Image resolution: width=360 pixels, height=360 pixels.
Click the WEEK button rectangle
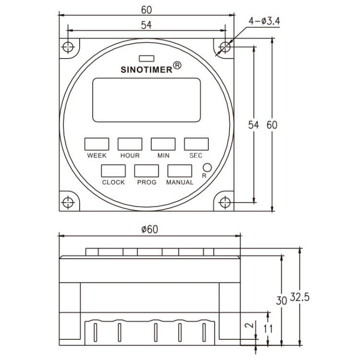coord(96,144)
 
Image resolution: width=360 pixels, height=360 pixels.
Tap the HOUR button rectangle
coord(130,144)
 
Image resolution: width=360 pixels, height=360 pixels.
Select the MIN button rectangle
coord(163,144)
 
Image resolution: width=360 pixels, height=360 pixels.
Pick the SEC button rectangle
coord(196,144)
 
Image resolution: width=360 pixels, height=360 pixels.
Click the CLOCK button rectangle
coord(113,171)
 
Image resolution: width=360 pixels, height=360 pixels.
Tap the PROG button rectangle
coord(146,171)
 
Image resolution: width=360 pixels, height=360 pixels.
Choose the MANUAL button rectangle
coord(180,171)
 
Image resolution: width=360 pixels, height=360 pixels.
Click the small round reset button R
coord(207,168)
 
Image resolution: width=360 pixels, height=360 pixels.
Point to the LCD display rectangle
coord(146,100)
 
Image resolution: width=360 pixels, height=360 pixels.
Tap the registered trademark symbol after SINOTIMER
coord(177,65)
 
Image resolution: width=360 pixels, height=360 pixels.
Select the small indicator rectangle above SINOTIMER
coord(146,59)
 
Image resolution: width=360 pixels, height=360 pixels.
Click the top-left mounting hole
coord(69,47)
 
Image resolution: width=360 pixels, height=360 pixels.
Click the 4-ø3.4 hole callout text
coord(265,21)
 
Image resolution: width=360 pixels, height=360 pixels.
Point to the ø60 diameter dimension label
coord(150,229)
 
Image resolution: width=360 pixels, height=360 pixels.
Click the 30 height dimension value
coord(281,300)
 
